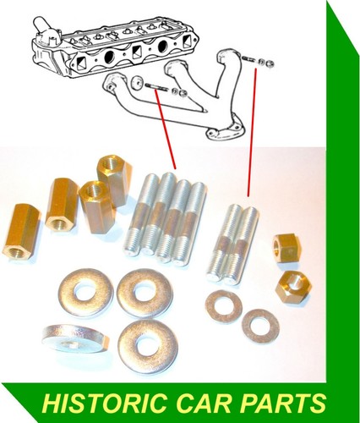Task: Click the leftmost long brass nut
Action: point(21,230)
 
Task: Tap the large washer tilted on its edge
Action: point(76,338)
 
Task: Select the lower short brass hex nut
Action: point(293,287)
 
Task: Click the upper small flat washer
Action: point(224,307)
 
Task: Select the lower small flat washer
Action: point(260,326)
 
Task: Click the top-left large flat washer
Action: point(85,293)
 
